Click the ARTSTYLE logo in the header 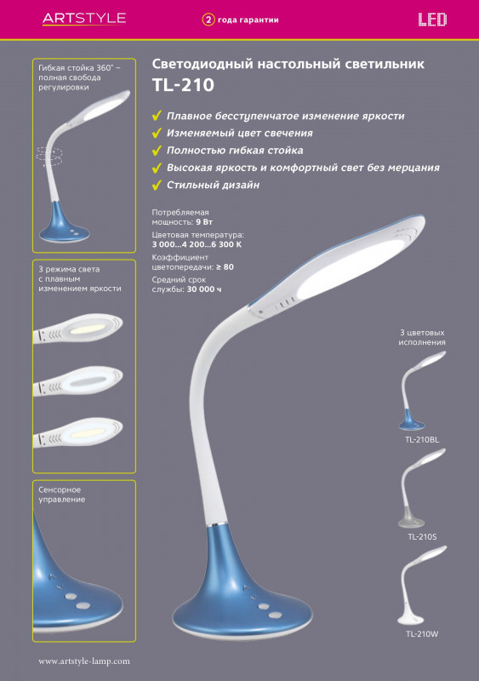click(x=84, y=18)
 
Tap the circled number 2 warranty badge click(x=208, y=20)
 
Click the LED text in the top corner click(x=432, y=20)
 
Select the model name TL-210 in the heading click(x=183, y=85)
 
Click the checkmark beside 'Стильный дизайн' click(x=157, y=185)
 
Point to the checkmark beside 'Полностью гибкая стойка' click(x=157, y=151)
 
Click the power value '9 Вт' click(x=204, y=222)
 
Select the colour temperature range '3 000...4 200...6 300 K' click(x=197, y=244)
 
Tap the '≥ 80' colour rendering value click(x=225, y=267)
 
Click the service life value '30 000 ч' click(x=203, y=289)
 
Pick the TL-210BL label click(x=422, y=439)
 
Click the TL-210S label click(x=422, y=537)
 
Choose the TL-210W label click(x=422, y=634)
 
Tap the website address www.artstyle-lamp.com click(x=84, y=661)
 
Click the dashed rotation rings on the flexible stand click(x=49, y=156)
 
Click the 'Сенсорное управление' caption click(x=61, y=495)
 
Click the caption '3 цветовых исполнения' click(x=422, y=337)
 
